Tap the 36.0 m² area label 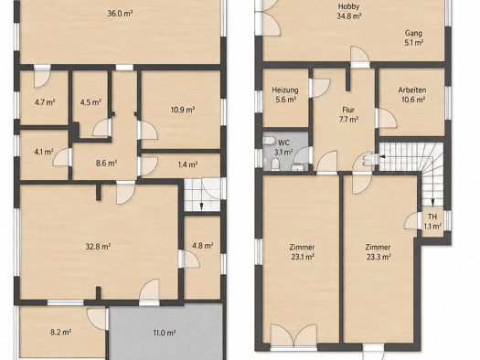click(x=120, y=14)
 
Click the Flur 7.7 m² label click(x=348, y=114)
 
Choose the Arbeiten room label click(x=412, y=94)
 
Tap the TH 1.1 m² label click(x=432, y=221)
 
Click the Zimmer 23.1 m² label click(x=303, y=251)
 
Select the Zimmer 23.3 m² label click(x=379, y=251)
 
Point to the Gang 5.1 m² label click(x=413, y=37)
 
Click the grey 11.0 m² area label click(x=165, y=333)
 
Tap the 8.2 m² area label click(x=61, y=332)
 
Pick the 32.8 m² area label click(x=98, y=246)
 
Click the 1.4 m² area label click(x=187, y=164)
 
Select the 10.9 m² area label click(x=183, y=110)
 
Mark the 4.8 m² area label click(x=203, y=245)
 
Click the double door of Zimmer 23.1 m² click(x=293, y=336)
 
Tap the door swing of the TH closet click(x=411, y=221)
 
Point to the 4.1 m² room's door click(x=62, y=157)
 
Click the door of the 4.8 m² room click(x=189, y=259)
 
